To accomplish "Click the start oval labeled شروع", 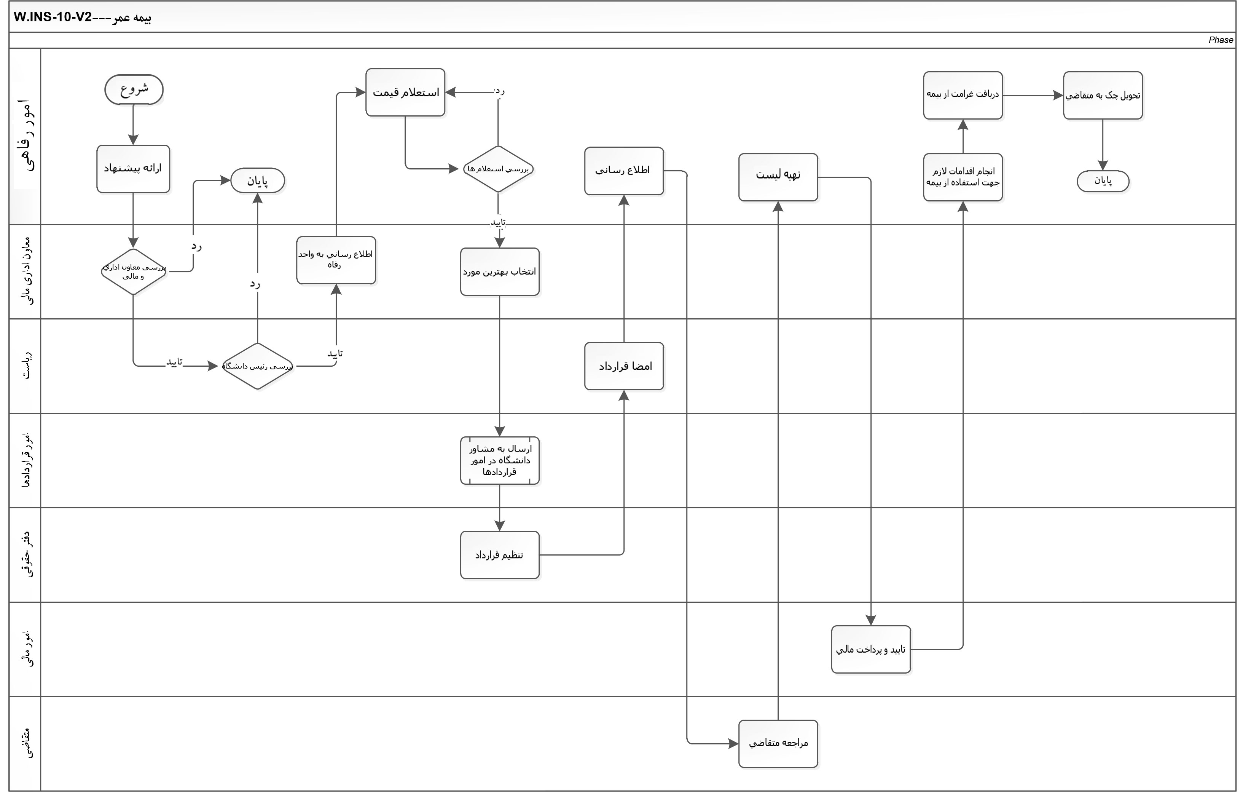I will pos(134,90).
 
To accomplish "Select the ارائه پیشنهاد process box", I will pos(133,169).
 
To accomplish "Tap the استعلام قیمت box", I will pos(405,93).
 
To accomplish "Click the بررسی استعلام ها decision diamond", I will pos(498,169).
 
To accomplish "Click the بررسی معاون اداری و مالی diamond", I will pos(133,271).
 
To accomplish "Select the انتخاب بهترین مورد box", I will pos(499,271).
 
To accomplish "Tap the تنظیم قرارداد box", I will pos(499,555).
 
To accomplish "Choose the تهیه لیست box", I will pos(778,177).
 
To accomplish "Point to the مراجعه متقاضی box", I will pos(778,744).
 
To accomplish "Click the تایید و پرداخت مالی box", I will pos(870,650).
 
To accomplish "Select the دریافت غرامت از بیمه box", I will pos(963,95).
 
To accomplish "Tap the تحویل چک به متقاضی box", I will pos(1103,95).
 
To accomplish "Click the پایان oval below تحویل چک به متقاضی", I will pos(1103,181).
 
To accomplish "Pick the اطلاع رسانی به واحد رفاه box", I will pos(336,260).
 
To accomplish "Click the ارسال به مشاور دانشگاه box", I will pos(499,460).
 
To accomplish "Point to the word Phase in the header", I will pos(1220,40).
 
